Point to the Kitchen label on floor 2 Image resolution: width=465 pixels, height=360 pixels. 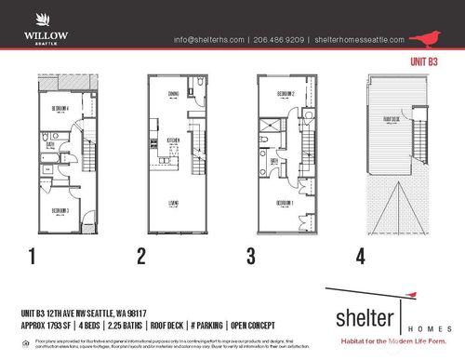pos(172,140)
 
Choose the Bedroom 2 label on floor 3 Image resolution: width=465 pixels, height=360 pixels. pos(286,94)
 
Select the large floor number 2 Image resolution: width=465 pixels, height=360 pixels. pos(141,254)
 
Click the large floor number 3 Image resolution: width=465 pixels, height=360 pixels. pos(251,254)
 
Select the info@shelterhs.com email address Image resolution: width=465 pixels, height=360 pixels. pos(209,40)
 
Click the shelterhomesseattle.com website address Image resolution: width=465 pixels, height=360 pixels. pos(360,40)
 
